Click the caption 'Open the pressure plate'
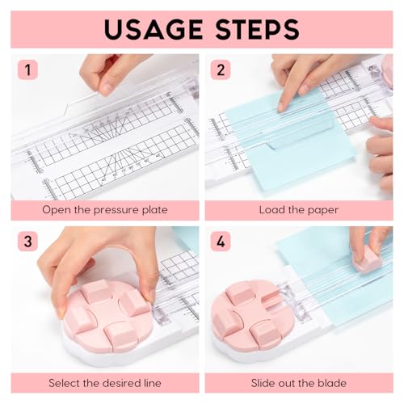(105, 210)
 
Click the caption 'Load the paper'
(298, 210)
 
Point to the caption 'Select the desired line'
(105, 381)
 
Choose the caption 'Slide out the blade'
(298, 381)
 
